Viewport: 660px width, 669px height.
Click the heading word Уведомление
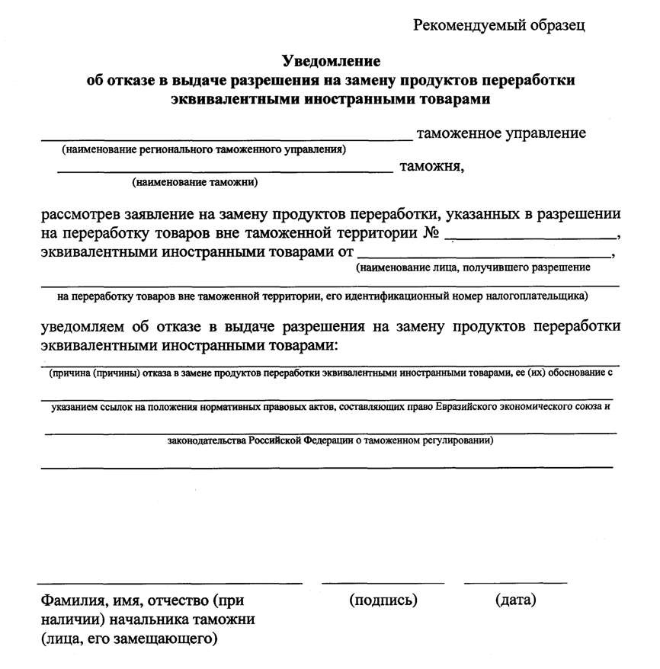point(331,60)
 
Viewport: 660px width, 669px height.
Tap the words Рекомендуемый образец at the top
point(499,25)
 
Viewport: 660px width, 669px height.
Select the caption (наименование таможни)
point(194,182)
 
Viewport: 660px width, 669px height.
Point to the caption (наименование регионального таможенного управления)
point(203,150)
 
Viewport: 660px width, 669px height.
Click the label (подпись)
point(383,600)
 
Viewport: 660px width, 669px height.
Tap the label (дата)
point(516,600)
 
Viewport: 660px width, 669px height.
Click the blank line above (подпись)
point(383,583)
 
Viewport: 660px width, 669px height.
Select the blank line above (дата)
point(515,583)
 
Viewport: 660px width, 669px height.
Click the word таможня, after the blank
point(431,166)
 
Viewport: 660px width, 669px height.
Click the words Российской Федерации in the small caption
point(297,440)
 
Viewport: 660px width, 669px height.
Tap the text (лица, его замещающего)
point(130,638)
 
